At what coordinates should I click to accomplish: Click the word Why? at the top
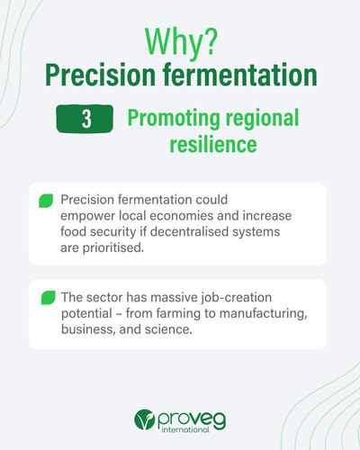click(181, 42)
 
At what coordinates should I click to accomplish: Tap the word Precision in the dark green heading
click(100, 75)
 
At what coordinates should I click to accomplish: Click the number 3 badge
click(85, 119)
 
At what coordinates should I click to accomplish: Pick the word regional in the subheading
click(263, 119)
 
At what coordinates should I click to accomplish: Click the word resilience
click(213, 144)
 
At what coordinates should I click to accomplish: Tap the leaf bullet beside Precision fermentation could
click(46, 201)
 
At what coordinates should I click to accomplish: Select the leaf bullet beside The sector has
click(49, 298)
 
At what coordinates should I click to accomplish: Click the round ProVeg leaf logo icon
click(144, 419)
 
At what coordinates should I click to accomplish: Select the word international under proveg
click(185, 429)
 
